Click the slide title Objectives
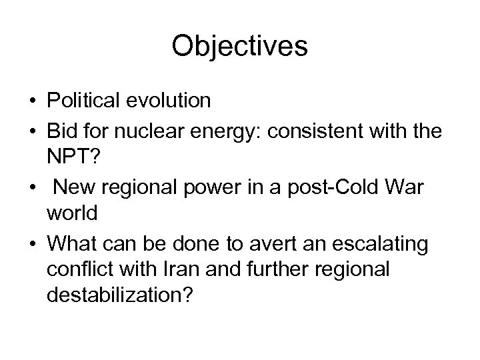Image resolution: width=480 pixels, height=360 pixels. click(239, 47)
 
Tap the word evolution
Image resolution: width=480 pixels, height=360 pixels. click(169, 101)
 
